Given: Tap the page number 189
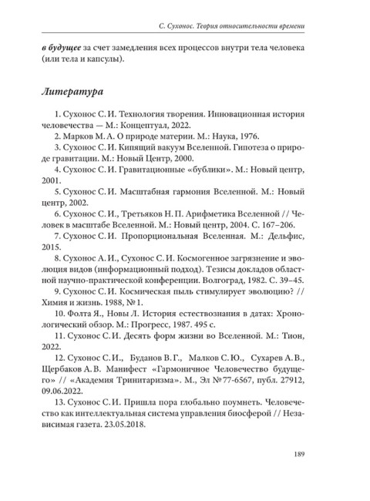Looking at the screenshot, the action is click(301, 453).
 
